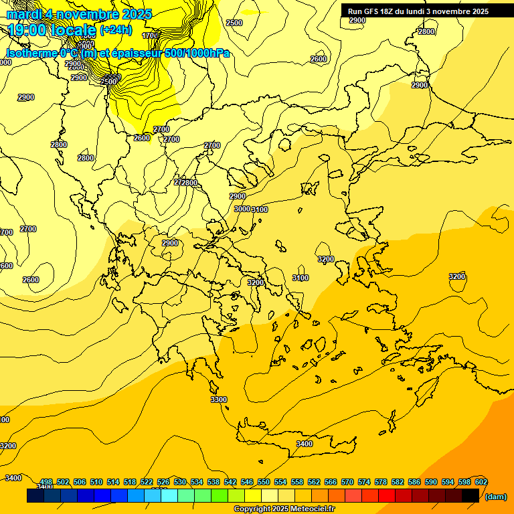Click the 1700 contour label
pyautogui.click(x=151, y=35)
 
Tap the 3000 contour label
pyautogui.click(x=242, y=209)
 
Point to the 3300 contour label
pyautogui.click(x=219, y=400)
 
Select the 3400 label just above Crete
pyautogui.click(x=304, y=444)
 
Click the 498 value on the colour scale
pyautogui.click(x=46, y=482)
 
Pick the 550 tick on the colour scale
pyautogui.click(x=264, y=482)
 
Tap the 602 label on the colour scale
pyautogui.click(x=481, y=482)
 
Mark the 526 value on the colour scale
pyautogui.click(x=163, y=482)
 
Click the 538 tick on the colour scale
pyautogui.click(x=213, y=482)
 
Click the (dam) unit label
pyautogui.click(x=495, y=497)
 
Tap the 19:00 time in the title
pyautogui.click(x=28, y=30)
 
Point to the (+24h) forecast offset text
pyautogui.click(x=116, y=30)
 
